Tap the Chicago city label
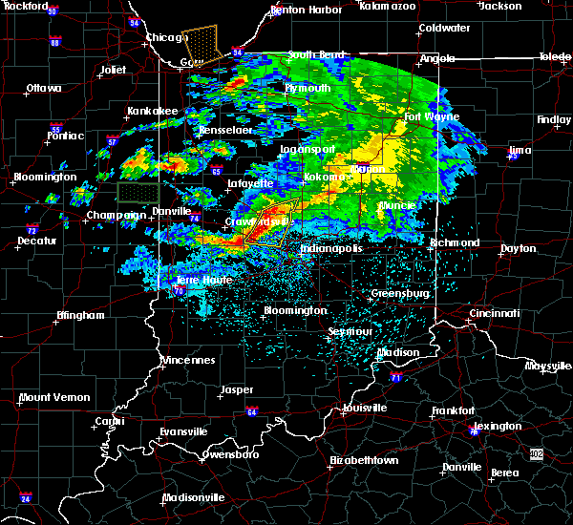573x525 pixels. [x=163, y=38]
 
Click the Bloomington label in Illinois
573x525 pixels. [x=46, y=177]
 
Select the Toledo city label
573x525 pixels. [x=554, y=57]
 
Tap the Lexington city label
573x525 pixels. [x=498, y=426]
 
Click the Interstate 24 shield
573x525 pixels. [x=26, y=498]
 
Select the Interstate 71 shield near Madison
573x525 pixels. [x=395, y=379]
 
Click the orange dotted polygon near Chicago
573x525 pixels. [x=202, y=43]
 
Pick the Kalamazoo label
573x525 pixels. [x=388, y=6]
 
